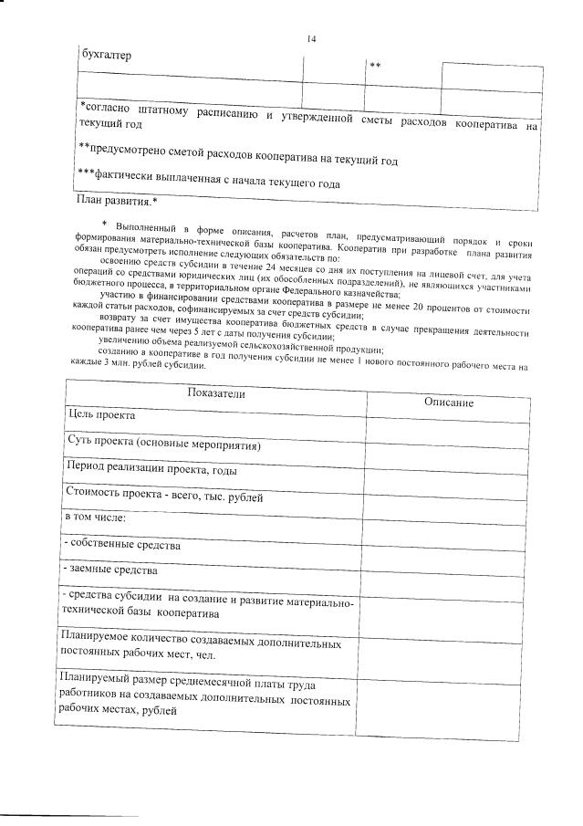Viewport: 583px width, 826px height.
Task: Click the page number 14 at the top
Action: pos(311,39)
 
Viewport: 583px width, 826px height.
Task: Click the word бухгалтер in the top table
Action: pos(106,54)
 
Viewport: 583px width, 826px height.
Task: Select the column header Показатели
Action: pos(216,393)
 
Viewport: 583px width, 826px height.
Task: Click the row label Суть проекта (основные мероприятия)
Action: pos(164,444)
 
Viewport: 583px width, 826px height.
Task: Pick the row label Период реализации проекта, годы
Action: pos(152,469)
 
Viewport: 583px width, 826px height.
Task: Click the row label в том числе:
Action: pos(94,518)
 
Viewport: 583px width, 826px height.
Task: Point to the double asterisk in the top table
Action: pos(374,66)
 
